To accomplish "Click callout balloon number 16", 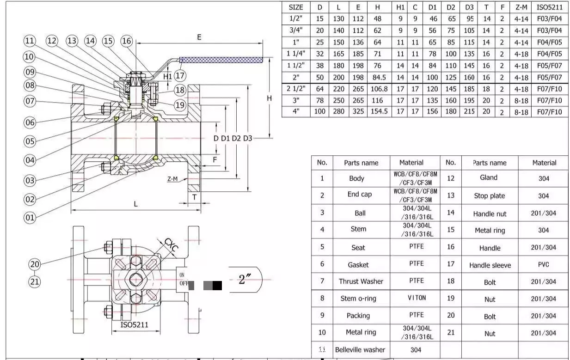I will point(127,41).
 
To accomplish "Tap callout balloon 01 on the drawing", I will point(30,217).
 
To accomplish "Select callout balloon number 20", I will point(35,264).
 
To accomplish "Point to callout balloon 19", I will point(180,105).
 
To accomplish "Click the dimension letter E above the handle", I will point(199,37).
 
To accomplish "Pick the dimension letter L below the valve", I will point(135,203).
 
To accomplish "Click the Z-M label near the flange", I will point(172,179).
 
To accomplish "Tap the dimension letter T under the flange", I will point(194,197).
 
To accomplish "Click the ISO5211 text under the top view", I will point(135,324).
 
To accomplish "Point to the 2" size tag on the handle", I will point(245,280).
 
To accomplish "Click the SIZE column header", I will point(296,7).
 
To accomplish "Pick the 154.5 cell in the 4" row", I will point(379,111).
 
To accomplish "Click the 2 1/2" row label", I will point(296,89).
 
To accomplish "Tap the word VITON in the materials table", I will point(417,298).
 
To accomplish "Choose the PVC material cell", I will point(544,265).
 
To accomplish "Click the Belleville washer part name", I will point(360,350).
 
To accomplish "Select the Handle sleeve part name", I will point(490,265).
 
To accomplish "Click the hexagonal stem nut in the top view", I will point(135,279).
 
